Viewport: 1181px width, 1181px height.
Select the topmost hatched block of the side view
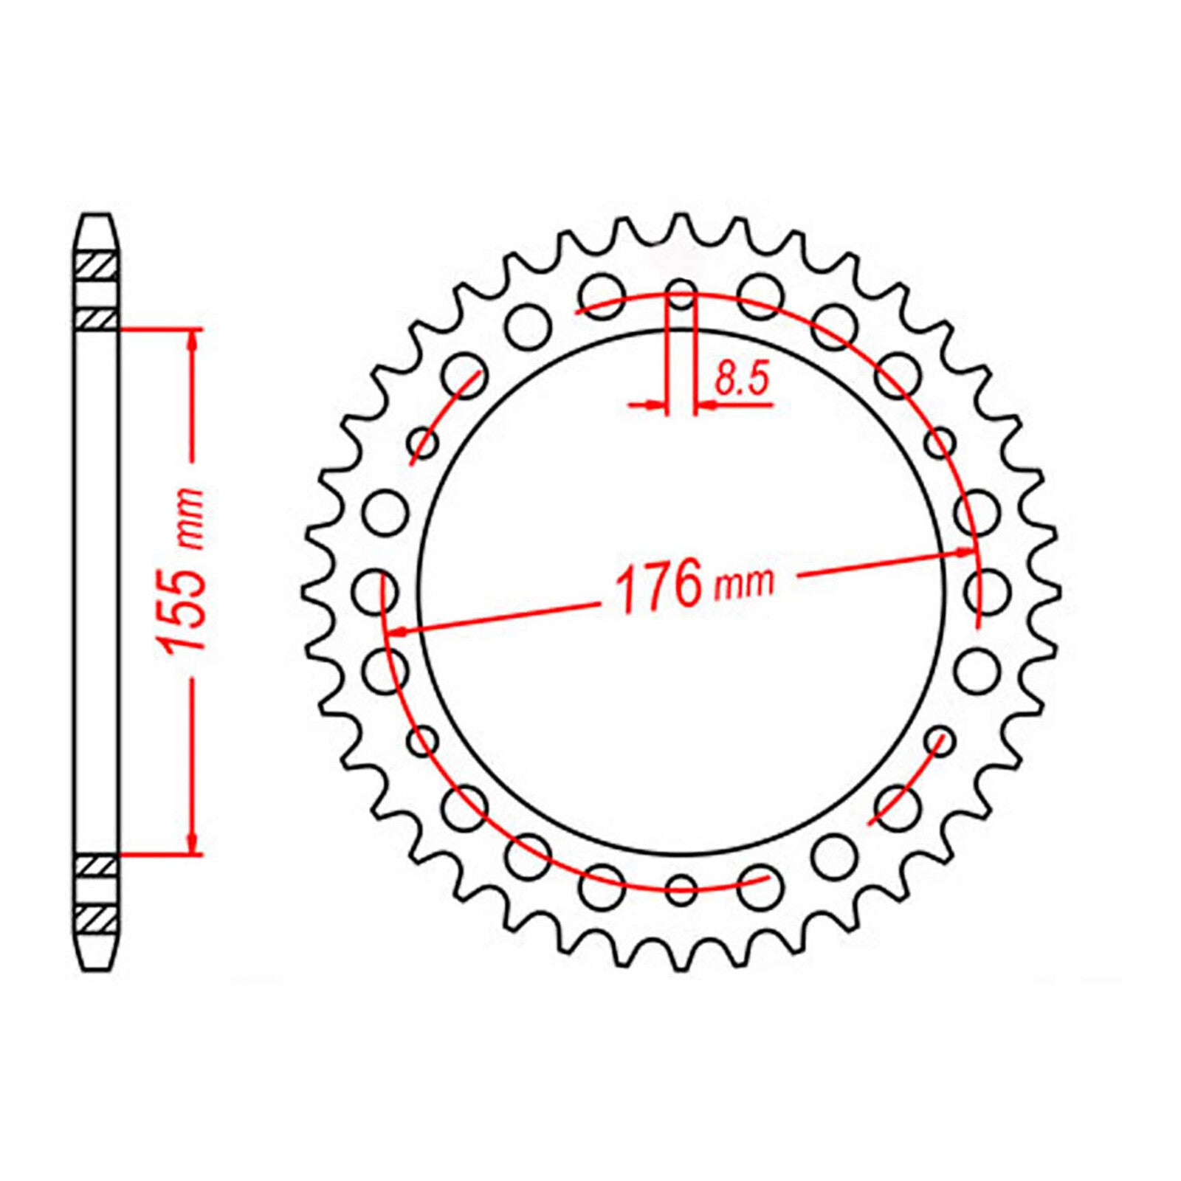[x=97, y=264]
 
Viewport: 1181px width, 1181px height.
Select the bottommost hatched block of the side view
[x=97, y=918]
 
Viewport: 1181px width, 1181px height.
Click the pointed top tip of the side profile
[x=97, y=217]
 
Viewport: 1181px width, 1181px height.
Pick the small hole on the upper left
[x=424, y=444]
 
